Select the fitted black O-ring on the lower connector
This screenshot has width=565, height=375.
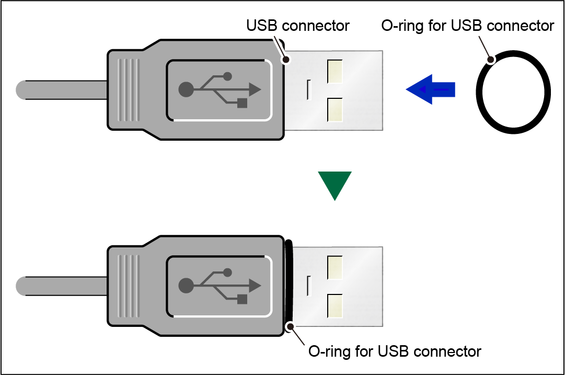pyautogui.click(x=289, y=282)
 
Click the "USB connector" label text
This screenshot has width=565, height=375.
pyautogui.click(x=298, y=25)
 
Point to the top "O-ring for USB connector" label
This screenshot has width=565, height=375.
pyautogui.click(x=468, y=25)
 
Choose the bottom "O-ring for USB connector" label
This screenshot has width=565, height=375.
pyautogui.click(x=395, y=351)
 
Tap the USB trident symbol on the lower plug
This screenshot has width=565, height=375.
pyautogui.click(x=220, y=286)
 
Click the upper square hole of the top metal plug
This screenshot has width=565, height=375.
pyautogui.click(x=334, y=71)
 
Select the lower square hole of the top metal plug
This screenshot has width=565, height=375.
pyautogui.click(x=334, y=110)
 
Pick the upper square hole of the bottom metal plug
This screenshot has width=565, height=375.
pyautogui.click(x=334, y=267)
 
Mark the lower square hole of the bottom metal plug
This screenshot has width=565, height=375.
pyautogui.click(x=334, y=306)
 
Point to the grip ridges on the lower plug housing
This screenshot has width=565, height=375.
pyautogui.click(x=129, y=286)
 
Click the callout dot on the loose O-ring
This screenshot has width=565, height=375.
pyautogui.click(x=490, y=61)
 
